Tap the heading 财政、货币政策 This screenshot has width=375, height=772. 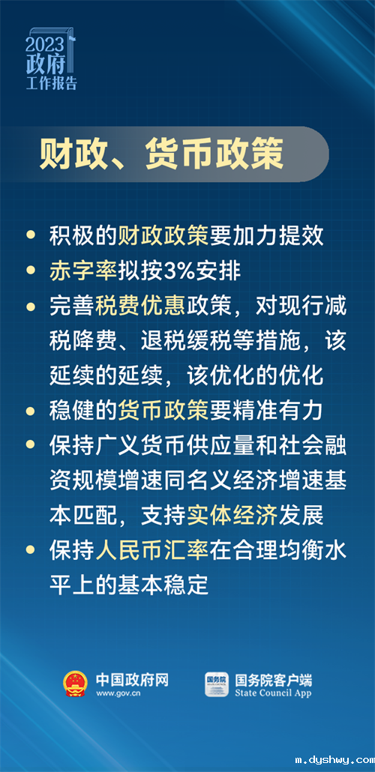click(x=162, y=154)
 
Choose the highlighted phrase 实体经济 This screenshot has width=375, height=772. click(x=244, y=514)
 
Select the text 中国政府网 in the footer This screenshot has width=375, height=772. click(x=132, y=679)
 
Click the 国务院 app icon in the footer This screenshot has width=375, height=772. click(x=217, y=684)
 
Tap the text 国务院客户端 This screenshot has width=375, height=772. click(x=273, y=679)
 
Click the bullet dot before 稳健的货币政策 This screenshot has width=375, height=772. click(x=30, y=410)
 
